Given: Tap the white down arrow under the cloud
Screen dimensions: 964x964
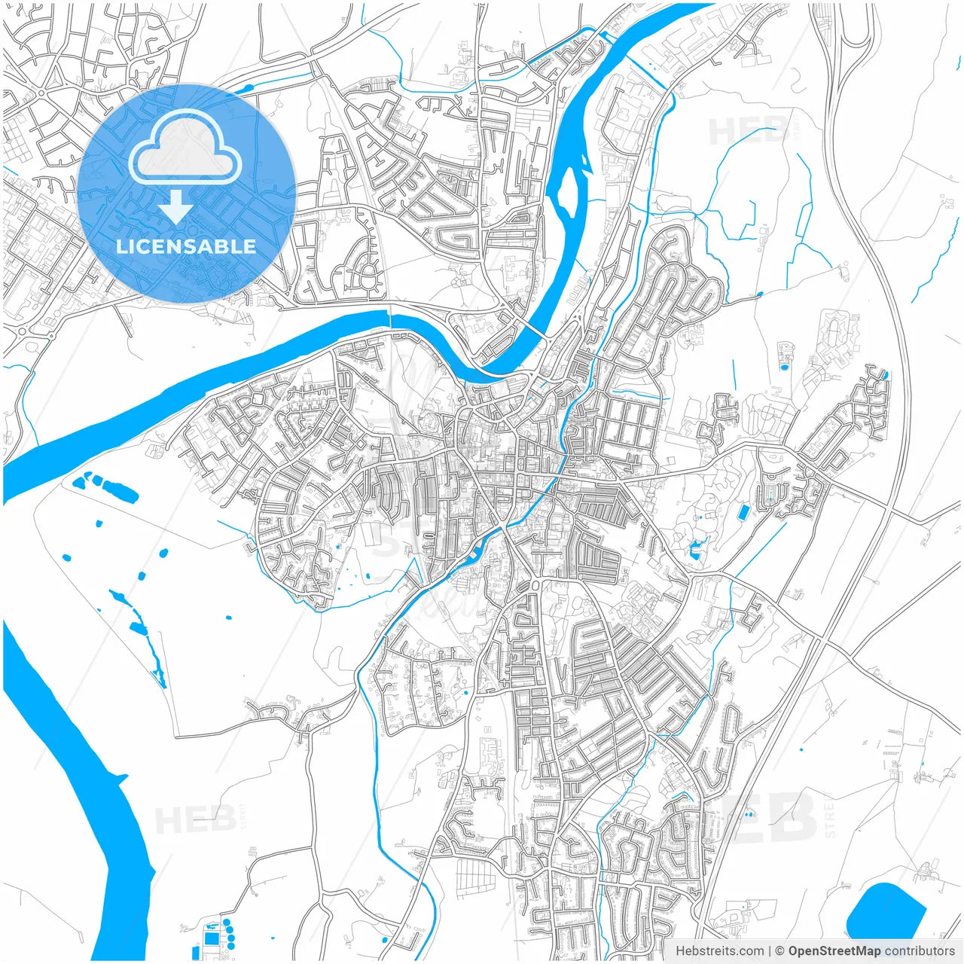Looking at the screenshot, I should pos(175,207).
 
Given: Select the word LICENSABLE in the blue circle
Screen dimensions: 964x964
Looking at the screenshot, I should pos(186,246).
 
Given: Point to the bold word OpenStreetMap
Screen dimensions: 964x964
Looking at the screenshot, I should pos(834,951).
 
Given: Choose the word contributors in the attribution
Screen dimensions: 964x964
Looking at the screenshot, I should pos(919,951).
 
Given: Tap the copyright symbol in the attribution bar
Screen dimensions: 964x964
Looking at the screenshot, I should pos(780,951).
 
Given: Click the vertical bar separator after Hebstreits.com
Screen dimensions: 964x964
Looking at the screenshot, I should pos(770,951).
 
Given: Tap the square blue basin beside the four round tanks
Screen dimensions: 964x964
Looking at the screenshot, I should pos(211,938).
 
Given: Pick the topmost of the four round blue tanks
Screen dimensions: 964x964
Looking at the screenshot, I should pos(225,921).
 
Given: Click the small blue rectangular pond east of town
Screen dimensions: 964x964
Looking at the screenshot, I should pos(744,513).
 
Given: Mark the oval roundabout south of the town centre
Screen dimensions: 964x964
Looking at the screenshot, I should pos(537,585).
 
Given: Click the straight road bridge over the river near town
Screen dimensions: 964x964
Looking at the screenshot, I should pos(534,332).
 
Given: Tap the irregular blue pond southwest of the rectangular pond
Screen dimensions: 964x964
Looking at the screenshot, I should pos(696,551).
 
